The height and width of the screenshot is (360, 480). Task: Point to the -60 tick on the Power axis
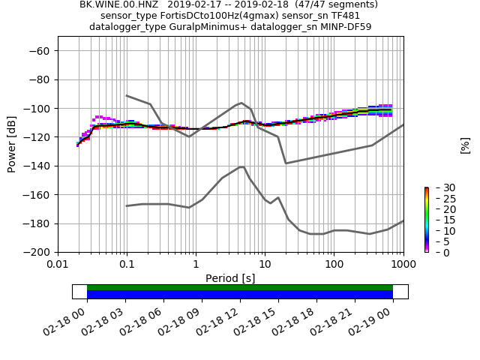click(x=43, y=51)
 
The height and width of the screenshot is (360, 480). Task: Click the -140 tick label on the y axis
click(x=40, y=166)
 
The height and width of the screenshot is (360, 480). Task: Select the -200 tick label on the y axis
click(x=40, y=252)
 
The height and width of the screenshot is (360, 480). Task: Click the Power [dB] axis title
click(x=12, y=144)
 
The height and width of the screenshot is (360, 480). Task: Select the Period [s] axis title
click(x=230, y=277)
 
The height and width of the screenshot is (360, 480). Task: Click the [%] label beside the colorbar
click(x=465, y=145)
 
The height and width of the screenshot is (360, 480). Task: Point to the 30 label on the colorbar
click(x=439, y=187)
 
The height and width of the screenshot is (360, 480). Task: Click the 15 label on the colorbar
click(x=439, y=220)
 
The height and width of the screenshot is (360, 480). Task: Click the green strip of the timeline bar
click(x=240, y=287)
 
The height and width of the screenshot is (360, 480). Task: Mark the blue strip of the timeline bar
click(x=240, y=295)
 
